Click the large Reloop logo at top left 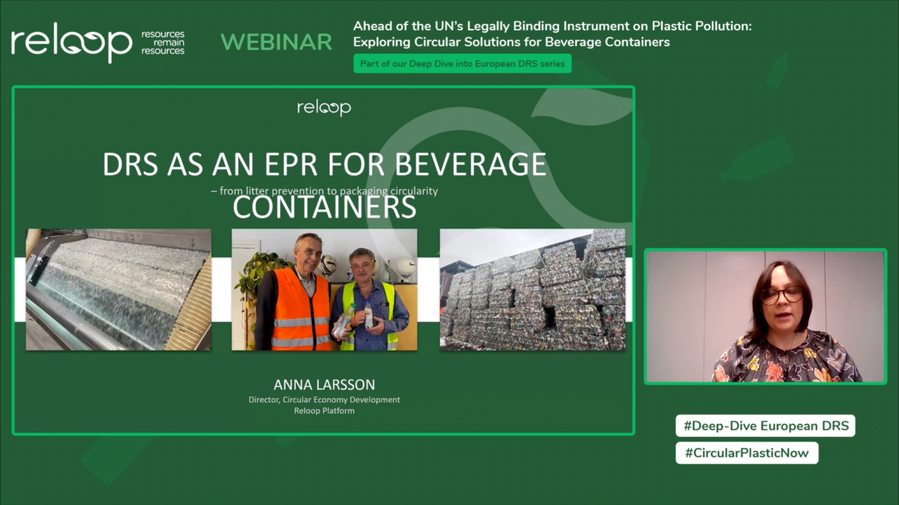71,42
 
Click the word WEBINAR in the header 276,42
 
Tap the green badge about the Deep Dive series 462,64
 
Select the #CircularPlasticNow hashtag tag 747,453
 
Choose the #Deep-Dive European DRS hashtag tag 766,426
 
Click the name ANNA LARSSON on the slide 324,385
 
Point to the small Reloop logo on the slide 324,108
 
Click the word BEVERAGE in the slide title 471,165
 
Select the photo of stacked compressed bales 533,290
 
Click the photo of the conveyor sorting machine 118,290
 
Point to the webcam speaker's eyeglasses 781,295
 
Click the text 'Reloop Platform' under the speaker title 324,411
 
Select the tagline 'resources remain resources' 163,43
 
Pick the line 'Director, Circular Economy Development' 324,400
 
